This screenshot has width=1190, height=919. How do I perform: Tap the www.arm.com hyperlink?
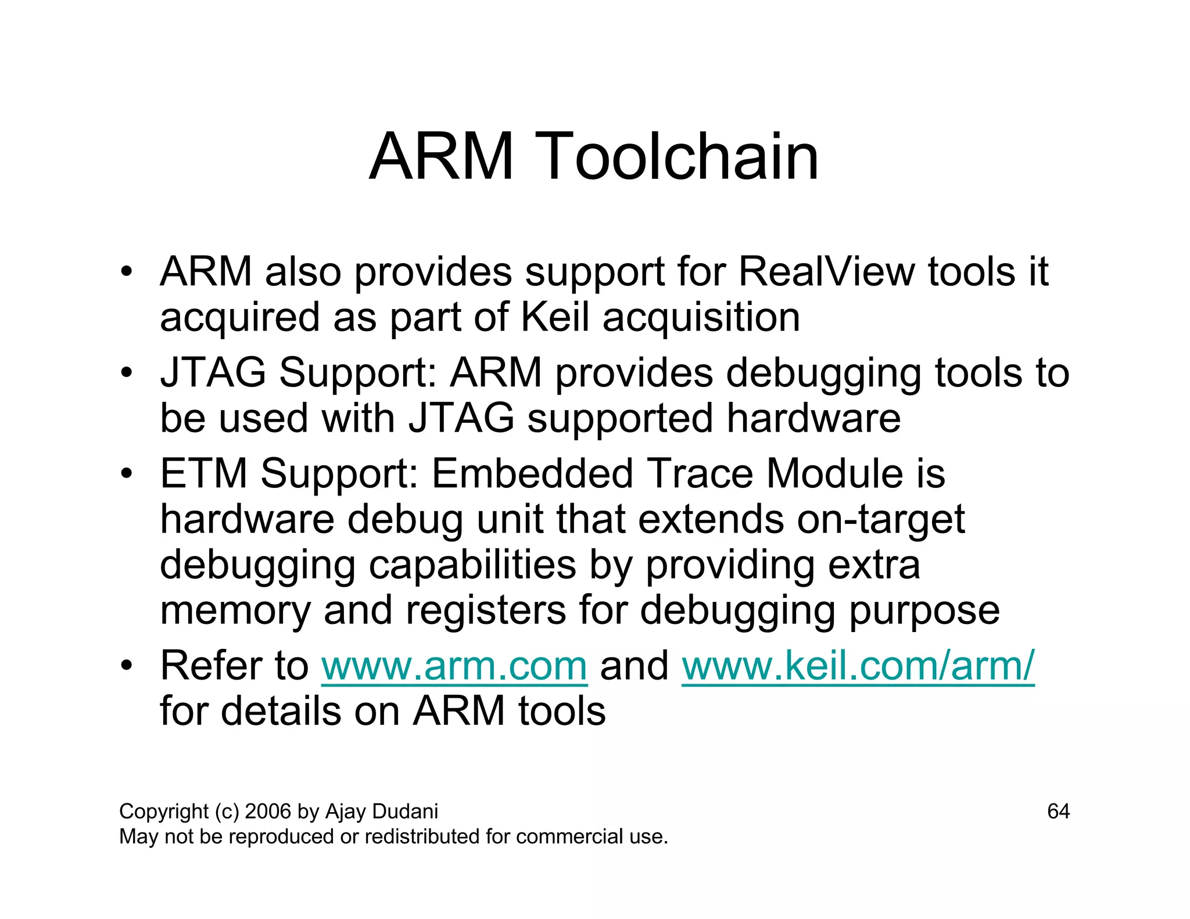click(454, 666)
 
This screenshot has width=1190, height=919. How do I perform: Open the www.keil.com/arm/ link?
click(858, 666)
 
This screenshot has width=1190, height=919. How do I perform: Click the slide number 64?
click(1058, 812)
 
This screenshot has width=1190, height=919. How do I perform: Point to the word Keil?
click(555, 317)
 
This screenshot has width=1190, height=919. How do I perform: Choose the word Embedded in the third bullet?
click(532, 473)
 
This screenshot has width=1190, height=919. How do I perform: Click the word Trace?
click(700, 473)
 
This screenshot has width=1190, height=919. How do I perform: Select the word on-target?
click(881, 519)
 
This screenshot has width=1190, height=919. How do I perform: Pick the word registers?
click(486, 610)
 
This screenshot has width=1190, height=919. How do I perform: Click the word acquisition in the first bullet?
click(701, 317)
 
